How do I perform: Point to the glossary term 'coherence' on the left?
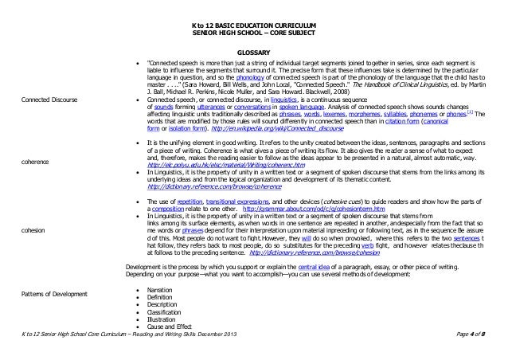coord(39,160)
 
